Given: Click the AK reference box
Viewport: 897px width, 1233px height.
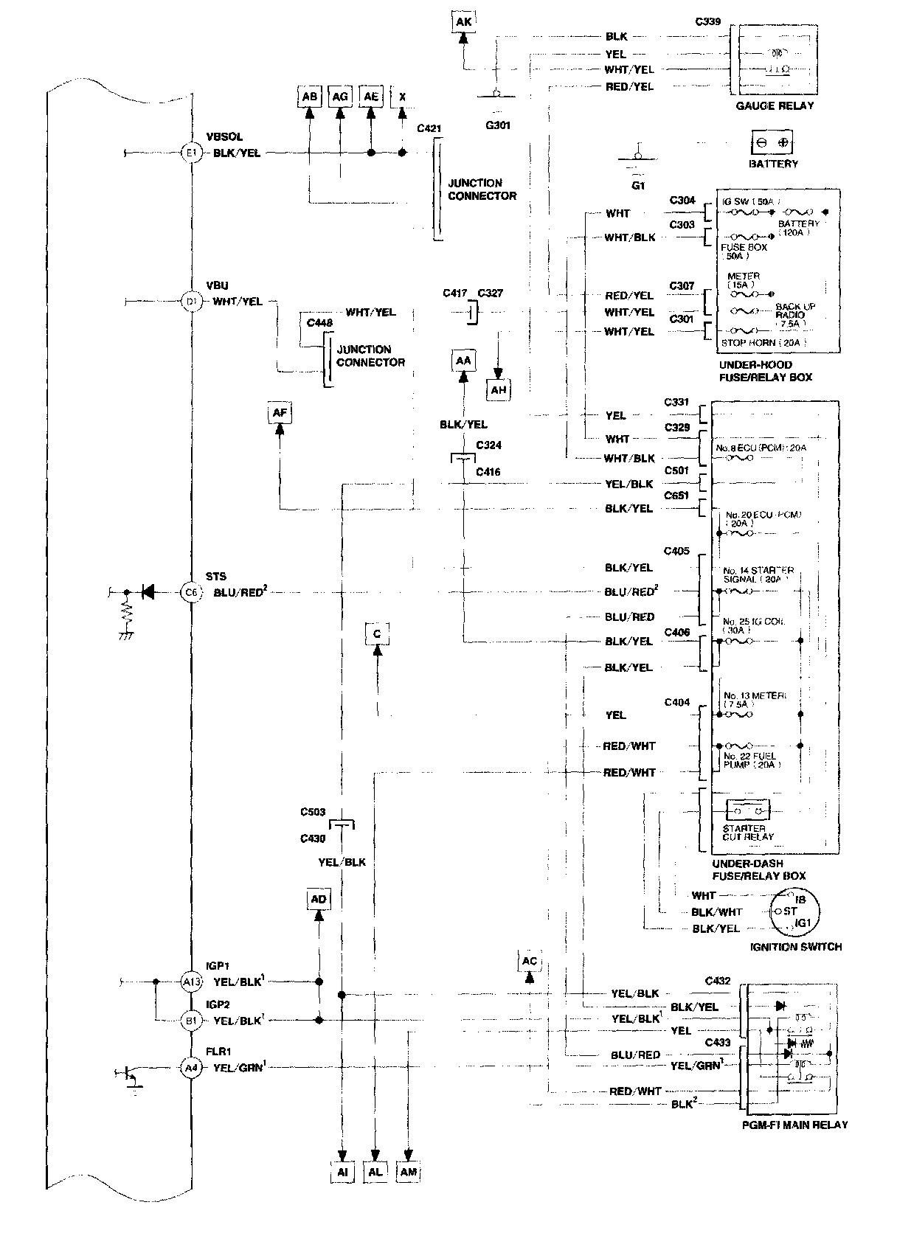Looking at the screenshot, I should [x=463, y=22].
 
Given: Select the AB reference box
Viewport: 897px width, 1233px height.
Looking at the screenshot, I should [x=310, y=97].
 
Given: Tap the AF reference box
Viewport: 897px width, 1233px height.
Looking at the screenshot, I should [x=280, y=414].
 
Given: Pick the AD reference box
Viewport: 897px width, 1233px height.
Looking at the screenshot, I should [x=319, y=899].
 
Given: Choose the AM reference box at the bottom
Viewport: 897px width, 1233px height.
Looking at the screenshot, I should [x=409, y=1172].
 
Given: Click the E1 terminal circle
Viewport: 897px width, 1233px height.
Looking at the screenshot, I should [x=192, y=153].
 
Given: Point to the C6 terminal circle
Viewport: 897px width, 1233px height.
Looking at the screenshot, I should [x=192, y=591].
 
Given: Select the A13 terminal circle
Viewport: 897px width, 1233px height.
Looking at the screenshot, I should [x=192, y=982].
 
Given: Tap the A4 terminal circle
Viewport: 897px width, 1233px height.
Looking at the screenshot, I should [x=192, y=1066].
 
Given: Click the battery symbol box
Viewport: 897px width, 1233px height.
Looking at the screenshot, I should [x=772, y=142].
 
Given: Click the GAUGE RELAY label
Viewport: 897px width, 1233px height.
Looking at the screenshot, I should [x=775, y=105].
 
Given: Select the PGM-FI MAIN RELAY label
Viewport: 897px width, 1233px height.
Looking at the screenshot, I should [x=794, y=1125].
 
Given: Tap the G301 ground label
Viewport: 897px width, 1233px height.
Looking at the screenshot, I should [x=498, y=125].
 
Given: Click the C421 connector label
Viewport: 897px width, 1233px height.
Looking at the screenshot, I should [x=429, y=128].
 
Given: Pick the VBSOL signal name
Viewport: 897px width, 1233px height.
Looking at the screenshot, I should [x=224, y=137].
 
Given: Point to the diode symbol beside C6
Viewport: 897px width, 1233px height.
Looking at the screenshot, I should [x=148, y=591].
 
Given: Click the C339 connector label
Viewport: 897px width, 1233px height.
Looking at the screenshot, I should [x=708, y=21].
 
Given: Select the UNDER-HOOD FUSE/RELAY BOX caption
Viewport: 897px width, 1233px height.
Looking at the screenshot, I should [x=764, y=371].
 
